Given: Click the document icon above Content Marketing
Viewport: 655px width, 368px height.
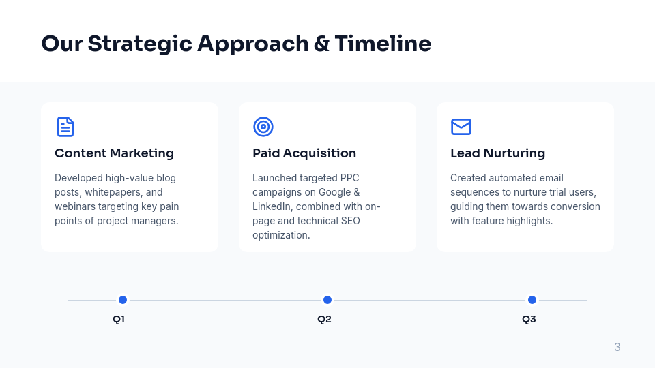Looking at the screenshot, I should click(65, 127).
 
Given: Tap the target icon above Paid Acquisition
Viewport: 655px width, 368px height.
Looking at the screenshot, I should click(263, 127).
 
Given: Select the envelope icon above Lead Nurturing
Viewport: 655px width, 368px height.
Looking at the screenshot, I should click(461, 127).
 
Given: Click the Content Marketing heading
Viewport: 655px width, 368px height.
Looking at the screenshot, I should click(114, 153).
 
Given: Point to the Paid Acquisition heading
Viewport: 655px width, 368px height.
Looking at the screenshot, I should click(304, 153).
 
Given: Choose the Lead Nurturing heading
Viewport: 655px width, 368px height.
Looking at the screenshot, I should click(497, 153).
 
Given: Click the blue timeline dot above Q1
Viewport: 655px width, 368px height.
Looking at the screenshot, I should click(123, 300).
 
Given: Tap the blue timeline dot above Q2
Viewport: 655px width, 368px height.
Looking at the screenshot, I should click(327, 300).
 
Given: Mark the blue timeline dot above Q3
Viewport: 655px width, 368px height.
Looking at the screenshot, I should click(532, 300).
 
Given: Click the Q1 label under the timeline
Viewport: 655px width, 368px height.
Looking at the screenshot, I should click(119, 319).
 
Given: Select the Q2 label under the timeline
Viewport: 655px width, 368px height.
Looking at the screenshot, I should click(324, 319).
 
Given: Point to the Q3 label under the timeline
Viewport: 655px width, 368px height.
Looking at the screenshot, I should click(529, 319).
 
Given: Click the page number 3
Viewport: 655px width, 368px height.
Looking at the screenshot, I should click(617, 348).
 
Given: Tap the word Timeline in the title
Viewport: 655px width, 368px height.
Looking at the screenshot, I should click(383, 44).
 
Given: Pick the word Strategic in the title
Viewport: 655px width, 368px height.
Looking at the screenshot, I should click(139, 44).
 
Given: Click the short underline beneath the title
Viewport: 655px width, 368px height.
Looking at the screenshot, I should click(68, 65).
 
